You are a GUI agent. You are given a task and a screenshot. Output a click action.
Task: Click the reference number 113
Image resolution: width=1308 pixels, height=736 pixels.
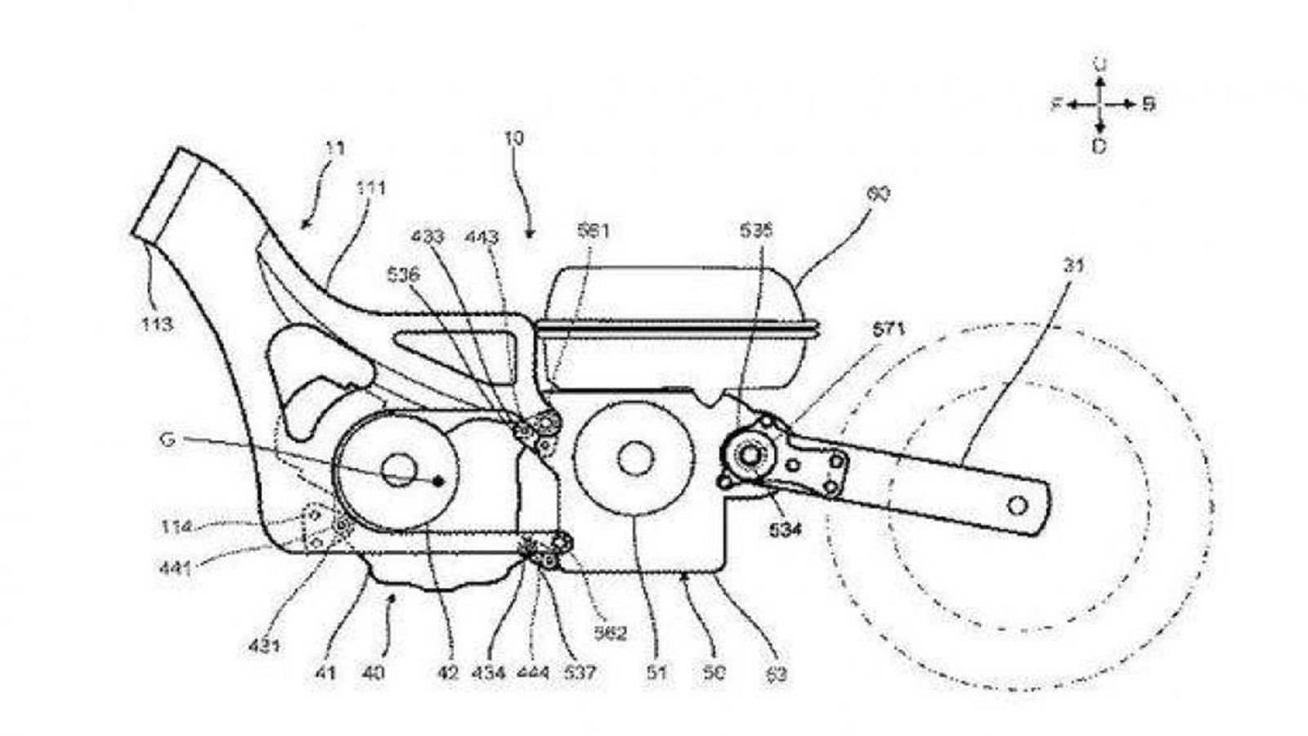pos(156,324)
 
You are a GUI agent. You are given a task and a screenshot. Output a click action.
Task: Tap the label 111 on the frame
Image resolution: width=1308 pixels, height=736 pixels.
pos(370,189)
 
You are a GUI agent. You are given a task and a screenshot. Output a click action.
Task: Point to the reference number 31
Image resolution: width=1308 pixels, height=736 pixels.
pos(1076,266)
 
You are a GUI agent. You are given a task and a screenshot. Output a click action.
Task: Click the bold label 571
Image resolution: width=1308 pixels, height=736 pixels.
pos(890,330)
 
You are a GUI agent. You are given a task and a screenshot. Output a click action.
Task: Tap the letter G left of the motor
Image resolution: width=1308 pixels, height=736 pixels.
pos(168,440)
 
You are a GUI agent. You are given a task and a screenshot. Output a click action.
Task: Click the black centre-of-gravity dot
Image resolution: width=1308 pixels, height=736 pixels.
pos(438,481)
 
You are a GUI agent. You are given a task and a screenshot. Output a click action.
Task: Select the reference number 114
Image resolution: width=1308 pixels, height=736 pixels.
pos(176,527)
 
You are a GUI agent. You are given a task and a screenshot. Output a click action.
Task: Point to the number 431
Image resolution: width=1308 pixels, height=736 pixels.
pos(263,645)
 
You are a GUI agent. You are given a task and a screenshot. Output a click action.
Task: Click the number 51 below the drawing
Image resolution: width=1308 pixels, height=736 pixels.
pos(656,673)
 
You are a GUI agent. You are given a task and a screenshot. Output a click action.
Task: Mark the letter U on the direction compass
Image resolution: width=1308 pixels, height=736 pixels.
pos(1100,64)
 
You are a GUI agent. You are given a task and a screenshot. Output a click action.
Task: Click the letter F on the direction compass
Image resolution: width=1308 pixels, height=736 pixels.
pos(1056,105)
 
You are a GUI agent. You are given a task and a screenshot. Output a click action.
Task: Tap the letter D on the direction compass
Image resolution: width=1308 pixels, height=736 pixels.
pos(1100,146)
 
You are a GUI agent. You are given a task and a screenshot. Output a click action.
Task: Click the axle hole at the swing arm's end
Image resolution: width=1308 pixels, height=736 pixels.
pos(1017,505)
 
